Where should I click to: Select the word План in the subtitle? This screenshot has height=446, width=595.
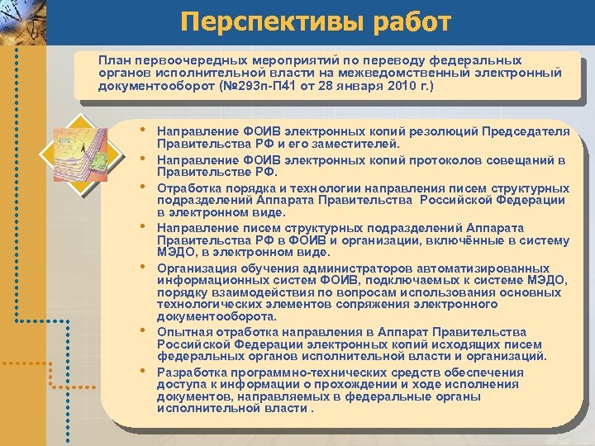coord(114,60)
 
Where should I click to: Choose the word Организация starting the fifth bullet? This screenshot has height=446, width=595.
coord(196,268)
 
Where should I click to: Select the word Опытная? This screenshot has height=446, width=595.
coord(183,331)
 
